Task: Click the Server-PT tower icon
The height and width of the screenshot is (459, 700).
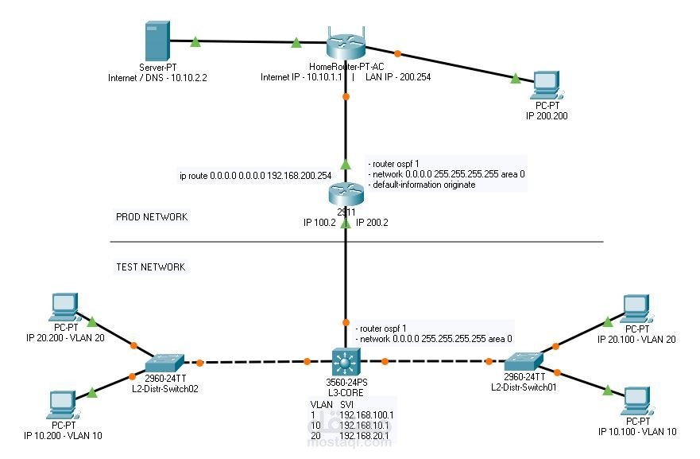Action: pyautogui.click(x=155, y=42)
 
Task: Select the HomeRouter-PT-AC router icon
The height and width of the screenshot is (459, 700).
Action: pyautogui.click(x=345, y=45)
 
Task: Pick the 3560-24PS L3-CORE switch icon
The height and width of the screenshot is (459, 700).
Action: pyautogui.click(x=345, y=363)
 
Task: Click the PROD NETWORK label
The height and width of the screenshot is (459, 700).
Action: pyautogui.click(x=152, y=216)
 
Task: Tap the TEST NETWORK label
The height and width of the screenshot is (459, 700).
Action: pyautogui.click(x=150, y=267)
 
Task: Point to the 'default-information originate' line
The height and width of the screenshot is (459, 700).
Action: pyautogui.click(x=423, y=185)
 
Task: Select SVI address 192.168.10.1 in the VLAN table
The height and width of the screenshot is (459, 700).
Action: pyautogui.click(x=366, y=426)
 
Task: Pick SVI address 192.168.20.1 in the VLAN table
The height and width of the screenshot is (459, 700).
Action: pyautogui.click(x=366, y=436)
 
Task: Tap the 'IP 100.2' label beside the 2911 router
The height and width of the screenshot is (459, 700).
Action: pyautogui.click(x=319, y=224)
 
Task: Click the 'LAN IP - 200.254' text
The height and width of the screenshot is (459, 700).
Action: pyautogui.click(x=398, y=77)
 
